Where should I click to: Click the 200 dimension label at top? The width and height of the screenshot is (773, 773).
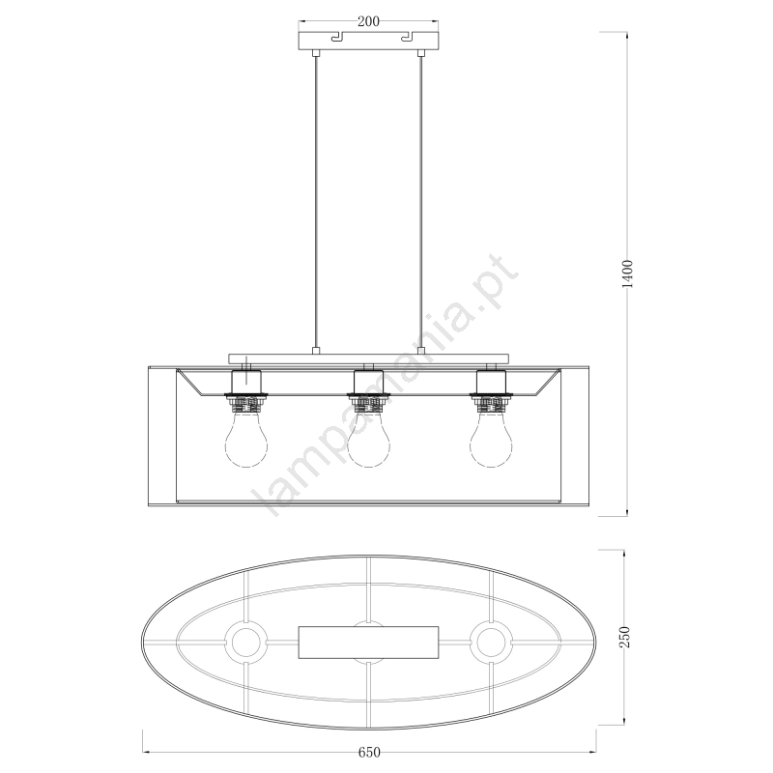point(368,21)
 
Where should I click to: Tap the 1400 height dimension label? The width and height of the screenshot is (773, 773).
point(627,273)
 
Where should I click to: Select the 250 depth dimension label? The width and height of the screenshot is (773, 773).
point(624,637)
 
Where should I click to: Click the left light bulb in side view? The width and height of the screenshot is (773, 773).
point(246,441)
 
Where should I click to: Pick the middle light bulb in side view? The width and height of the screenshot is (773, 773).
point(369,441)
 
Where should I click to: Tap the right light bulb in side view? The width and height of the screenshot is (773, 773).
point(491,441)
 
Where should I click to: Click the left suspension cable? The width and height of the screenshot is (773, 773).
point(316,203)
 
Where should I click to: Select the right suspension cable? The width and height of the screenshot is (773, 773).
point(421,203)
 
